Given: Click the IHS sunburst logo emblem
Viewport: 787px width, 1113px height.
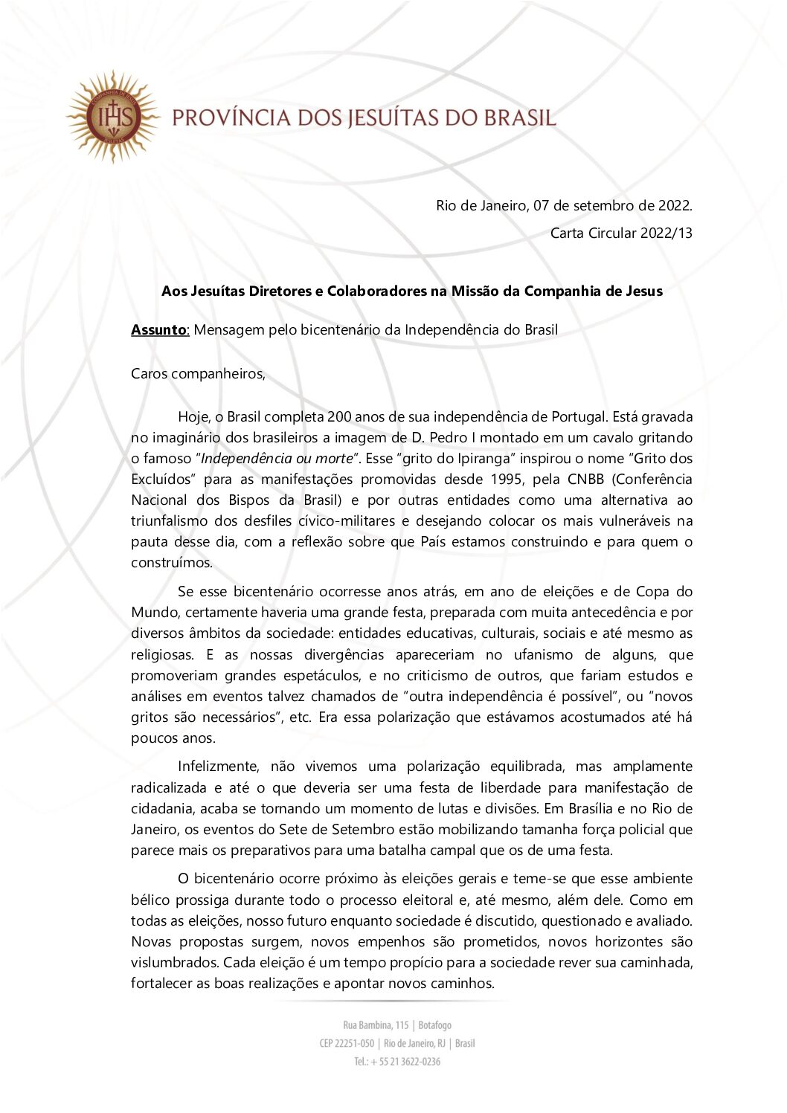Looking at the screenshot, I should [x=112, y=117].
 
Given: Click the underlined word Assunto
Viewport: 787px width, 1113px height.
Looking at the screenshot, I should [x=160, y=329].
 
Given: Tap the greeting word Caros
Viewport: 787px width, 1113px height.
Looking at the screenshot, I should [x=150, y=373].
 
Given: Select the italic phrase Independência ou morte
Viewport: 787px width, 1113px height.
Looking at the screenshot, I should [x=276, y=458].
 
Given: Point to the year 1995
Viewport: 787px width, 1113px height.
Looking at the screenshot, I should [x=506, y=479].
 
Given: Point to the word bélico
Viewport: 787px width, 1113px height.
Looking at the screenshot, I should [x=150, y=900].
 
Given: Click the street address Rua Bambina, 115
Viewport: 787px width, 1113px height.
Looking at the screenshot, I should [x=376, y=1025].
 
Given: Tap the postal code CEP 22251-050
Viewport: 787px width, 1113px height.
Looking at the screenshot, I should [x=347, y=1043].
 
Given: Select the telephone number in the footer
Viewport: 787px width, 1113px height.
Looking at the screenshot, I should [x=397, y=1061].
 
